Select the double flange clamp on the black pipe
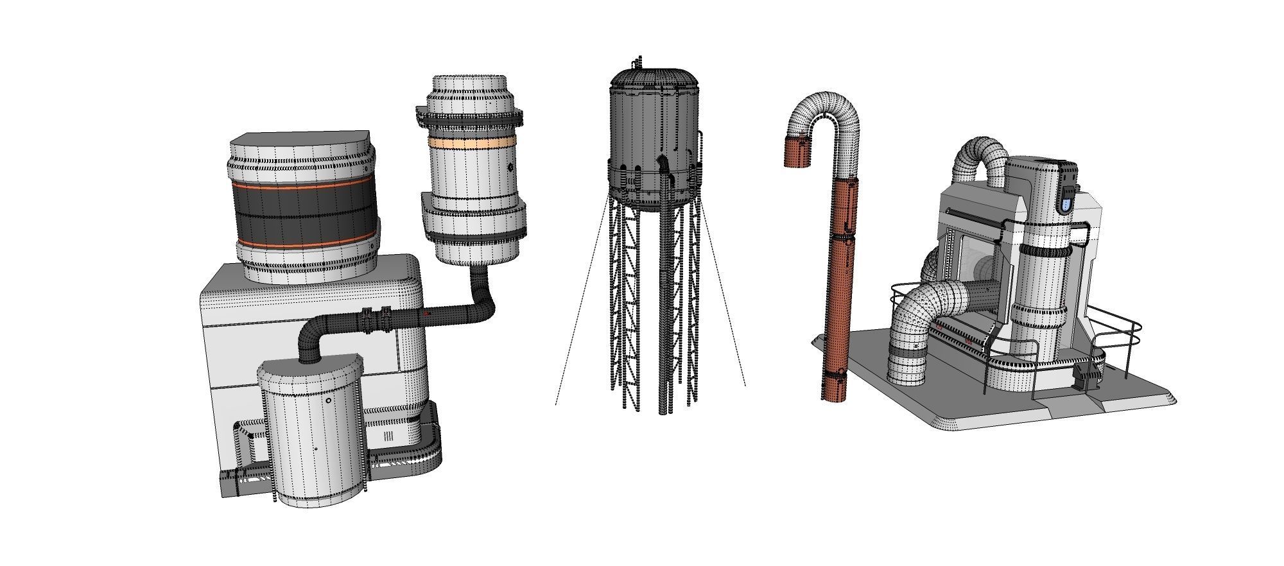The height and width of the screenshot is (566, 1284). click(376, 319)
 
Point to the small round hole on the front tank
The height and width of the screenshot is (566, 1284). click(329, 400)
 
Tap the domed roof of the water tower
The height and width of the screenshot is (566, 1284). click(654, 78)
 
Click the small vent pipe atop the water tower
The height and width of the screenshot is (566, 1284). click(638, 63)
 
